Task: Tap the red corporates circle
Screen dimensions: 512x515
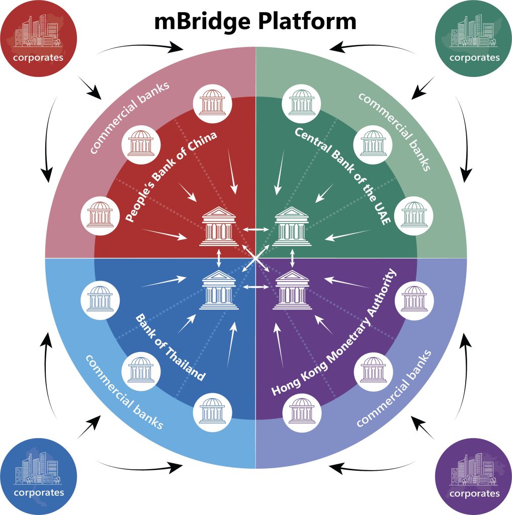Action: [x=38, y=38]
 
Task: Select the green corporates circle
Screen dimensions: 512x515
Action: [x=474, y=38]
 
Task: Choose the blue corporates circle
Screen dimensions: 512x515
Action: [x=38, y=477]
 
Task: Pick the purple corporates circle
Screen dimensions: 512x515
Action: [x=474, y=477]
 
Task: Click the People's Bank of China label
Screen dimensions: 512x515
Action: [x=171, y=177]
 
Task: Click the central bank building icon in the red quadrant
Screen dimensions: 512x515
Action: [x=219, y=226]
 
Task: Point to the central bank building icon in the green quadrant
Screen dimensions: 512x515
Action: [x=292, y=226]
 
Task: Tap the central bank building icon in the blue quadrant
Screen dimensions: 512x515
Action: [x=219, y=290]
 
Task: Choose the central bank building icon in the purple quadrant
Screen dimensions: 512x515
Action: [x=292, y=290]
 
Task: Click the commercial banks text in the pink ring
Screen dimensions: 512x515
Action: [x=129, y=117]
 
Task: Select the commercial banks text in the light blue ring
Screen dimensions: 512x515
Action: [x=124, y=392]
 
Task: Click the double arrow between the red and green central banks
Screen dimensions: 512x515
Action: [x=255, y=229]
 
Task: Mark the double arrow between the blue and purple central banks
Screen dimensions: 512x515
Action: [x=255, y=287]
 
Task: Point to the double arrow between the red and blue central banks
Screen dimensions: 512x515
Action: [x=219, y=258]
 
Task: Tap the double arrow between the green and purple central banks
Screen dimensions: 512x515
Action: [x=292, y=258]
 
